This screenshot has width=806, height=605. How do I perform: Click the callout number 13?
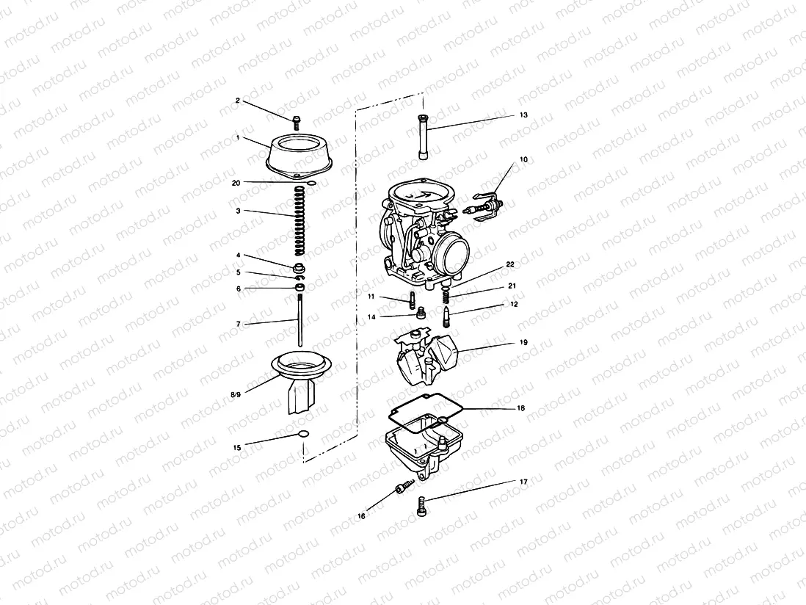(523, 115)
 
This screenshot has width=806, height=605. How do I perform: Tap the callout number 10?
(523, 159)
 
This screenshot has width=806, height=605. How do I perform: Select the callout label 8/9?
(236, 395)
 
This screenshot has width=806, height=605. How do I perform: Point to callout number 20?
(236, 182)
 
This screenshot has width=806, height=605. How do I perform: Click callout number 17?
(523, 482)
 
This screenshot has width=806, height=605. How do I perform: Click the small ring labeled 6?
(299, 288)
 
